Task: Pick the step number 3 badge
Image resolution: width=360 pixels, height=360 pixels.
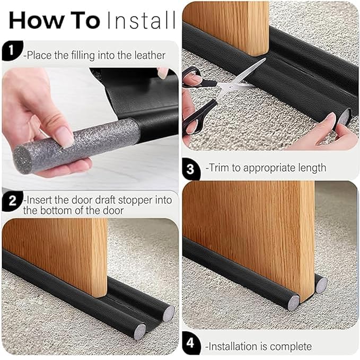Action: pos(192,168)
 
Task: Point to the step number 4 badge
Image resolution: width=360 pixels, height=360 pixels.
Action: pos(192,347)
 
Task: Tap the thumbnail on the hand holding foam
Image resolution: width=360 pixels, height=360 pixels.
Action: pos(64,137)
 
